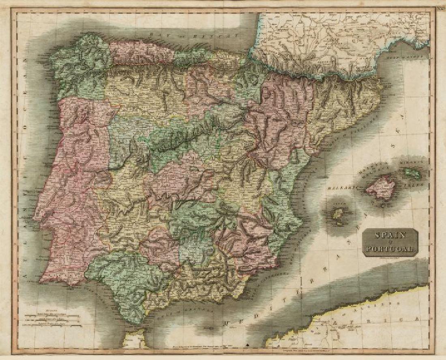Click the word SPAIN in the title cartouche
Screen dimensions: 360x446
tap(390, 235)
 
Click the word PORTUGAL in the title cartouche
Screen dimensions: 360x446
tap(390, 248)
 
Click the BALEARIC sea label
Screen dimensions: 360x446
tap(343, 188)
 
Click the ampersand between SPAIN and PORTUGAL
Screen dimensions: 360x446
tap(390, 242)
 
